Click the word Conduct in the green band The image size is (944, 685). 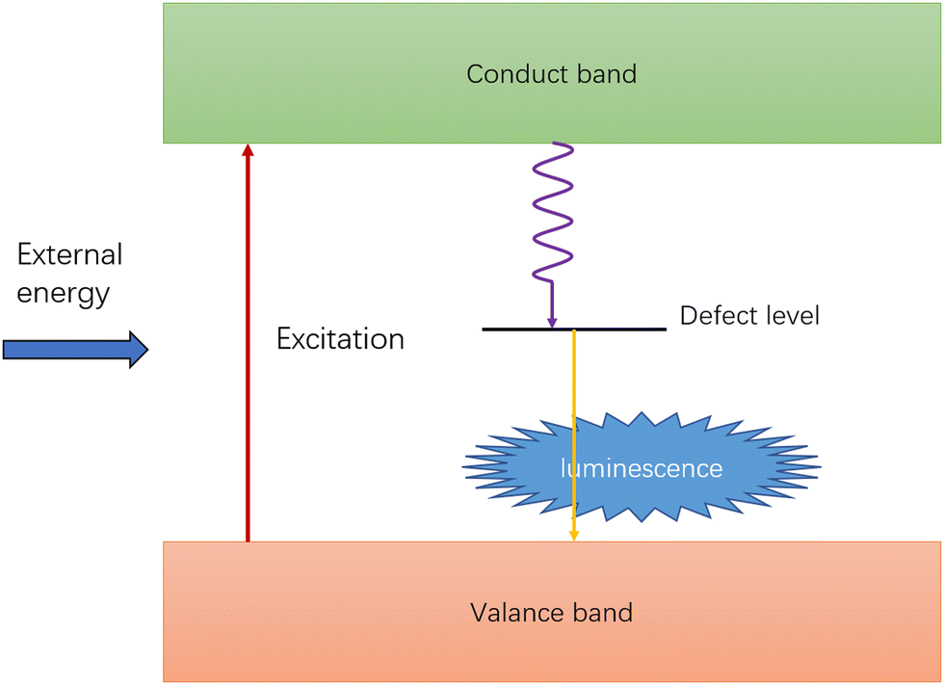point(517,74)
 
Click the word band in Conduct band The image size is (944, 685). point(607,74)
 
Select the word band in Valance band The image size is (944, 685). point(603,613)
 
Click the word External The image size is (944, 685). point(69,254)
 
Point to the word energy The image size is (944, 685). point(64,295)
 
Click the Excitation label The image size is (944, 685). point(340,339)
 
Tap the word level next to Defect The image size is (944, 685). point(789,315)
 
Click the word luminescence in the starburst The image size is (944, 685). point(642,468)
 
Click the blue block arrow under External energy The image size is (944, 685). point(76,349)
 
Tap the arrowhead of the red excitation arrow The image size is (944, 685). point(248,149)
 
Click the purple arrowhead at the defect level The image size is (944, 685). point(552,322)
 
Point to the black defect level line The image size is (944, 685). point(574,329)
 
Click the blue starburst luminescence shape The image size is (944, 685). point(642,467)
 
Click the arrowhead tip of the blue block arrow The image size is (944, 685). point(148,349)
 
